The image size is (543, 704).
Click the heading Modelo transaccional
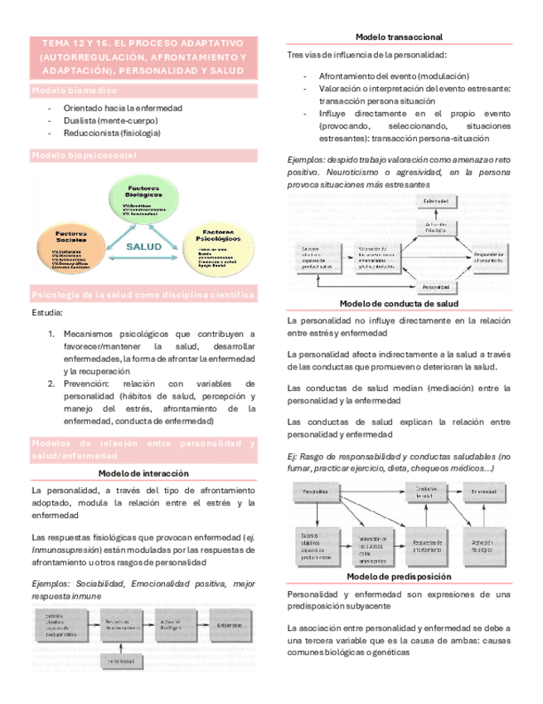point(399,37)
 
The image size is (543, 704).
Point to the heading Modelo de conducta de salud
point(399,304)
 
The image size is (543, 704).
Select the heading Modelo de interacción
point(143,472)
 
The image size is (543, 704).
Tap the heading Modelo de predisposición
point(399,576)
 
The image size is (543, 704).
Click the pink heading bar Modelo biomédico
point(143,90)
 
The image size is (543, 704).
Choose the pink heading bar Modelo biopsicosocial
point(143,155)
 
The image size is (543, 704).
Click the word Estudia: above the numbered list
point(46,313)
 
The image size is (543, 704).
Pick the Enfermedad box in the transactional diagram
point(436,202)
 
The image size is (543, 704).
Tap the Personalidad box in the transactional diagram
point(436,287)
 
